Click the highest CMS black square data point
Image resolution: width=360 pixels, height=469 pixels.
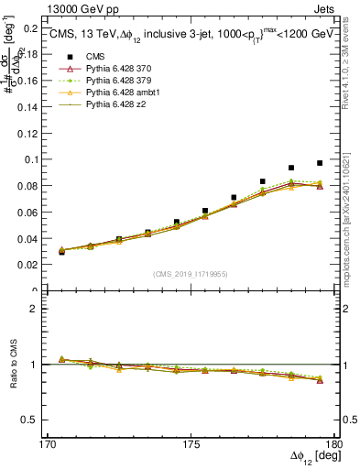[x=320, y=163]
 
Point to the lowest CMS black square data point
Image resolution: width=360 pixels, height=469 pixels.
[x=61, y=251]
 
